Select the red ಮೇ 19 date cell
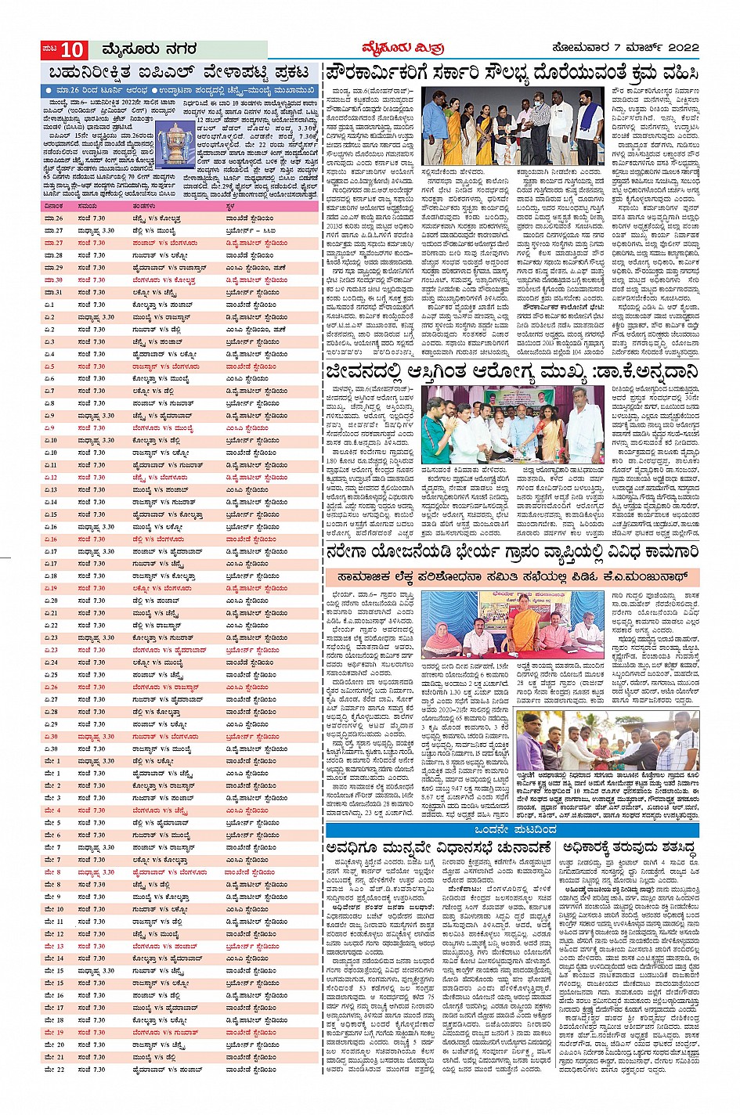coord(54,1032)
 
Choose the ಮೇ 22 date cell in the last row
coord(54,1069)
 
